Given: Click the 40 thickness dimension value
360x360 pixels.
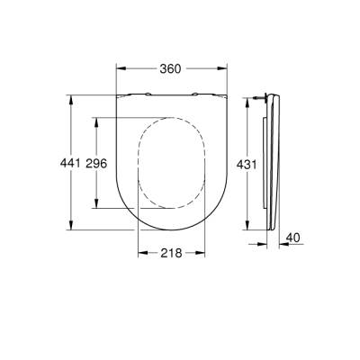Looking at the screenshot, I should pos(292,238).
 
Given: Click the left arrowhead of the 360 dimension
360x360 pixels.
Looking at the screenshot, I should pos(121,69).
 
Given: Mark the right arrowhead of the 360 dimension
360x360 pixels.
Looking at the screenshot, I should pos(220,69).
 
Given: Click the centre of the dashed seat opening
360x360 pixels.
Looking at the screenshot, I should pos(171,164).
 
